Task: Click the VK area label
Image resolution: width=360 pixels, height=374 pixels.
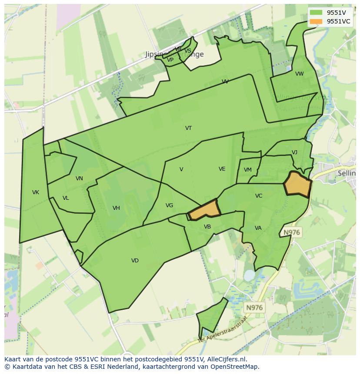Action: click(x=36, y=192)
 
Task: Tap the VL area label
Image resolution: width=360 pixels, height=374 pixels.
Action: click(x=66, y=198)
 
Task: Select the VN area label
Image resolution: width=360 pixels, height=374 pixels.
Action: click(x=79, y=179)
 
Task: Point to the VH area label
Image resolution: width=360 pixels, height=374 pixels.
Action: click(x=116, y=208)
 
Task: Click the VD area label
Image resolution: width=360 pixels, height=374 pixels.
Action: click(x=135, y=261)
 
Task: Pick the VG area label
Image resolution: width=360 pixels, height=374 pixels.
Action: click(x=169, y=205)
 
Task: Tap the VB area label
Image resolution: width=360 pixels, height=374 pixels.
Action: click(x=207, y=227)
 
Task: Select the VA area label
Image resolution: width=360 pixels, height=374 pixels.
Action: click(x=258, y=228)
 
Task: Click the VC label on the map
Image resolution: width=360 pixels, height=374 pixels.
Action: click(x=259, y=196)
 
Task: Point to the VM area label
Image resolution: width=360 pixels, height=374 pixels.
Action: click(x=248, y=170)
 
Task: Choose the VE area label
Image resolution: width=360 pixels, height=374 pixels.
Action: click(x=222, y=169)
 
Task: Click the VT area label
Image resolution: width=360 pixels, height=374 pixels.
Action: click(x=188, y=128)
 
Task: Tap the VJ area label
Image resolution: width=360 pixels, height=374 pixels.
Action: click(x=294, y=152)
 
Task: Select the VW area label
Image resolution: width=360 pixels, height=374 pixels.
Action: click(x=300, y=74)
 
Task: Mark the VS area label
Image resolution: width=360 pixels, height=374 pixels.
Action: click(x=188, y=51)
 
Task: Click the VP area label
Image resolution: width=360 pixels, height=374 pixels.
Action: click(x=170, y=60)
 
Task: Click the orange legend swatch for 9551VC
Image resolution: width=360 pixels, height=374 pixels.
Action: click(x=316, y=21)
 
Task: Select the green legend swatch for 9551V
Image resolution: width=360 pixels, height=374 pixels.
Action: click(x=316, y=13)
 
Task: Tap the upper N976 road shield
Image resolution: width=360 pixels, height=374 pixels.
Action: click(x=292, y=232)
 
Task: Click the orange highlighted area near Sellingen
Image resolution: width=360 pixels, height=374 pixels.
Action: click(x=298, y=185)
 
